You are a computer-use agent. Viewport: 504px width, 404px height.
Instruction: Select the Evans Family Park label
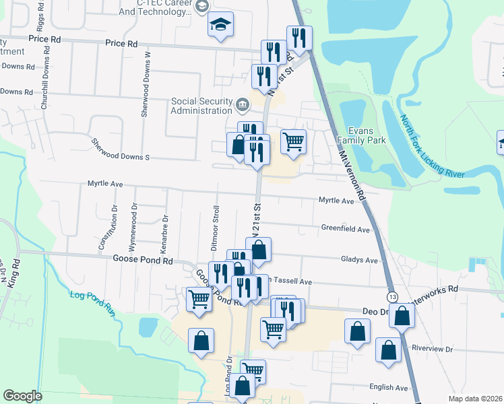tap(367, 136)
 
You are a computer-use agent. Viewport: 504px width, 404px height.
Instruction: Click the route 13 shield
tap(392, 297)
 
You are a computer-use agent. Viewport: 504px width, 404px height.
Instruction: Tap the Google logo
tap(23, 395)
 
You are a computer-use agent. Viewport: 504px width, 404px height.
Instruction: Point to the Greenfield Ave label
tap(346, 230)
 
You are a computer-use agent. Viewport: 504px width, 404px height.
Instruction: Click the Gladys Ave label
tap(360, 260)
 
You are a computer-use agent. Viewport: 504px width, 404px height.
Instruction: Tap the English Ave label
tap(388, 388)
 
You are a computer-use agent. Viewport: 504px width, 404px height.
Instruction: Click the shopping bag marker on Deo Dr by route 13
tap(402, 315)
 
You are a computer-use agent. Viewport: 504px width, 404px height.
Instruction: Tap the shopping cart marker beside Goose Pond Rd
tap(199, 300)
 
